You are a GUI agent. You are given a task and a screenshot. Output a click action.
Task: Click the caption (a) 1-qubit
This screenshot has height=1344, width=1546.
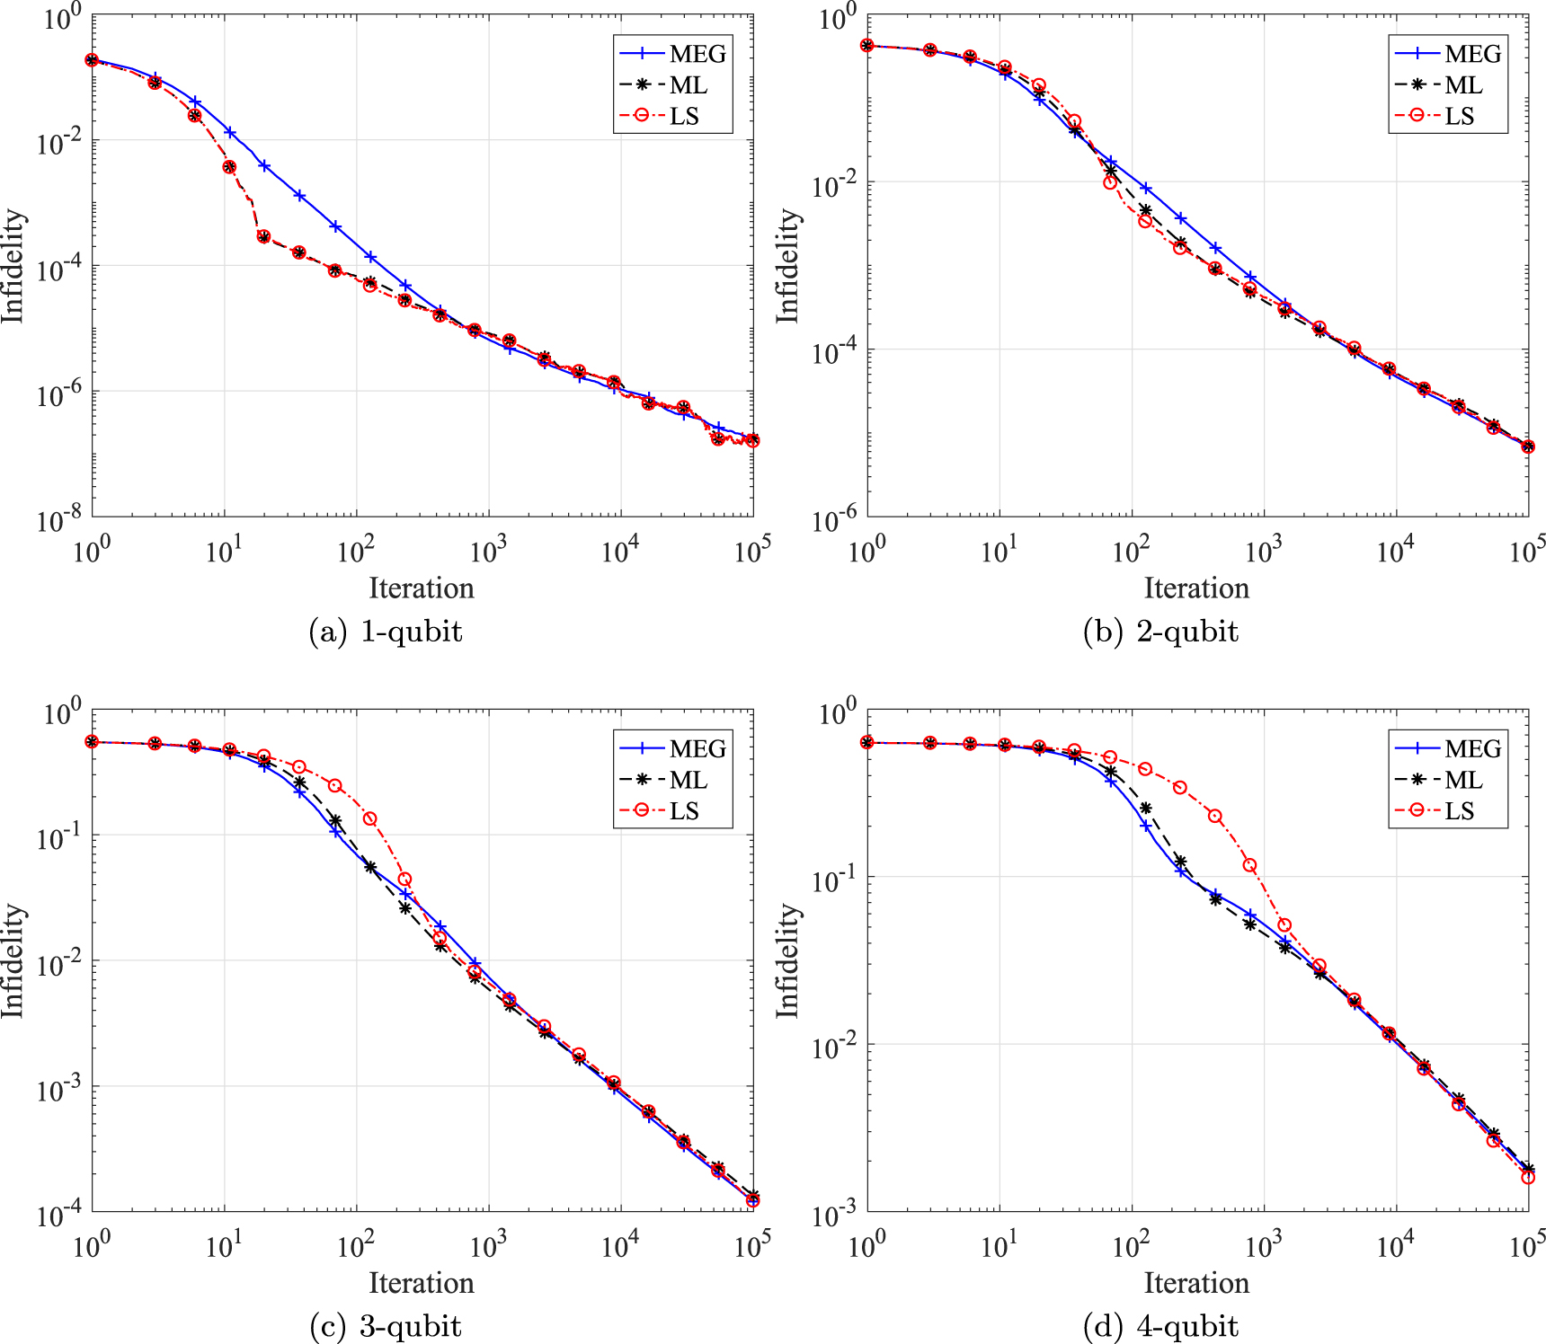coord(386,632)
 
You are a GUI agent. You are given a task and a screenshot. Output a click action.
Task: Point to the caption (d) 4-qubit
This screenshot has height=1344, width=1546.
coord(1160,1326)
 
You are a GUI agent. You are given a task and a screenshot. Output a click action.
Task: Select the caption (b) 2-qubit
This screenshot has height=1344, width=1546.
coord(1160,632)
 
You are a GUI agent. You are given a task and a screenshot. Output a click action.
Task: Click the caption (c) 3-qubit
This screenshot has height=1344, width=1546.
coord(386,1326)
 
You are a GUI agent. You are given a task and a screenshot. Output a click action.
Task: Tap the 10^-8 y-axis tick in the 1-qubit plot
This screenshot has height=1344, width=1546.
coord(59,519)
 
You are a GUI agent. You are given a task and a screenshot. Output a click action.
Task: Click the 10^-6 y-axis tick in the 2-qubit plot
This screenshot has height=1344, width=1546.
coord(834,519)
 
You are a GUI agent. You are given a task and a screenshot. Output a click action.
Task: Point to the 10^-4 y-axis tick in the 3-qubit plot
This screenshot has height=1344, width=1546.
coord(59,1215)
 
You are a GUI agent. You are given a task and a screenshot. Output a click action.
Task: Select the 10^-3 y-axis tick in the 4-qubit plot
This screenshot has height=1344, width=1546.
coord(834,1215)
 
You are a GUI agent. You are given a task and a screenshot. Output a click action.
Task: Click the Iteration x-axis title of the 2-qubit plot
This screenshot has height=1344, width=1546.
coord(1196,588)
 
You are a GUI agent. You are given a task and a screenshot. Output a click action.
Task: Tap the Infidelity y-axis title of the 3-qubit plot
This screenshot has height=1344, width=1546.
coord(13,960)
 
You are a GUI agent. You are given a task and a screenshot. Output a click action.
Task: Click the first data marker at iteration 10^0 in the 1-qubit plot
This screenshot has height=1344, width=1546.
coord(92,60)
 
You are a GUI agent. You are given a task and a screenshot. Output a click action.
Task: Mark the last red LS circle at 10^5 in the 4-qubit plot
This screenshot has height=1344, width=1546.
coord(1528,1177)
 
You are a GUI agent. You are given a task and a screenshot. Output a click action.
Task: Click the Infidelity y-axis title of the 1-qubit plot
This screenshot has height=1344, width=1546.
coord(13,266)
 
